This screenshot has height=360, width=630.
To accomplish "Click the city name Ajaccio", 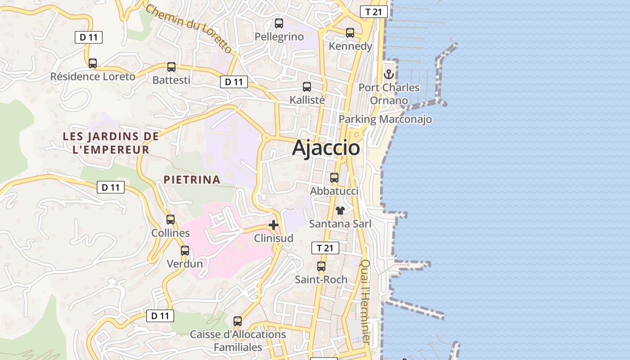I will pos(326,148).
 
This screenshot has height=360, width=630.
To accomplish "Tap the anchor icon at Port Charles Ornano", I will pos(389,74).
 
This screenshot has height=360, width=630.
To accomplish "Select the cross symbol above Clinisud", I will pos(274,225).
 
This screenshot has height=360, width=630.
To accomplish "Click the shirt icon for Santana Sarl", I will pos(340,210).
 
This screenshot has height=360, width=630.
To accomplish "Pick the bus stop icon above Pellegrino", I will pos(279,23).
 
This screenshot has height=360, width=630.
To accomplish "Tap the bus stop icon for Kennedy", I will pos(350,32).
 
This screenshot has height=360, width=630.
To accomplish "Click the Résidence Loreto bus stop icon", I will pos(93,63).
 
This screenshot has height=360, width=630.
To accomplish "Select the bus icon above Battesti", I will pos(171,67).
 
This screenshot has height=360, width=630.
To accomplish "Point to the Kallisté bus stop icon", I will pos(307,86).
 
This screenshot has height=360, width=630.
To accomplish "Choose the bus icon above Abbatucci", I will pos(334,177).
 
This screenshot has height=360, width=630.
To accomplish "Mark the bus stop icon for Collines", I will pos(171,219).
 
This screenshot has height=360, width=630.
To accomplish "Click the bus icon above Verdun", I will pos(185,250).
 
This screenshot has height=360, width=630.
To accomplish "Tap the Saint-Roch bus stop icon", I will pos(321,266).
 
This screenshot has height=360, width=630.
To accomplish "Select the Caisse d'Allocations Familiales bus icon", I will pos(238,321).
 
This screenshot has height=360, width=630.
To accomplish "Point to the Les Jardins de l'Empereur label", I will pos(111,143).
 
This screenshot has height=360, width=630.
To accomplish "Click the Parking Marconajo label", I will pos(385,119).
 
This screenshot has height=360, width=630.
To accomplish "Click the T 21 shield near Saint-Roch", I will pos(325,248).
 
